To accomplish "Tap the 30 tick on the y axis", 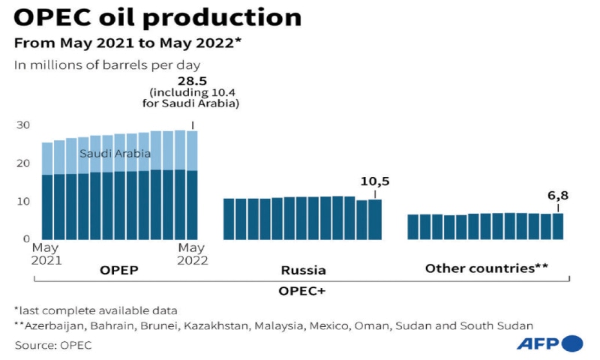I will pos(23,125).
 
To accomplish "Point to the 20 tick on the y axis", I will pos(23,163).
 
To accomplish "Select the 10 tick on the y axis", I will pos(23,202).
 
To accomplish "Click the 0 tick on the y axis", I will pos(26,239).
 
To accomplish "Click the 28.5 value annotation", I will pos(192,79).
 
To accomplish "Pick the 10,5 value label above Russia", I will pos(375,181).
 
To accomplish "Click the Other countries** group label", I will pos(487,268).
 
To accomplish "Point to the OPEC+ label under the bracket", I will pos(304,290).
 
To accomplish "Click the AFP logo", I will pos(549,343).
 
